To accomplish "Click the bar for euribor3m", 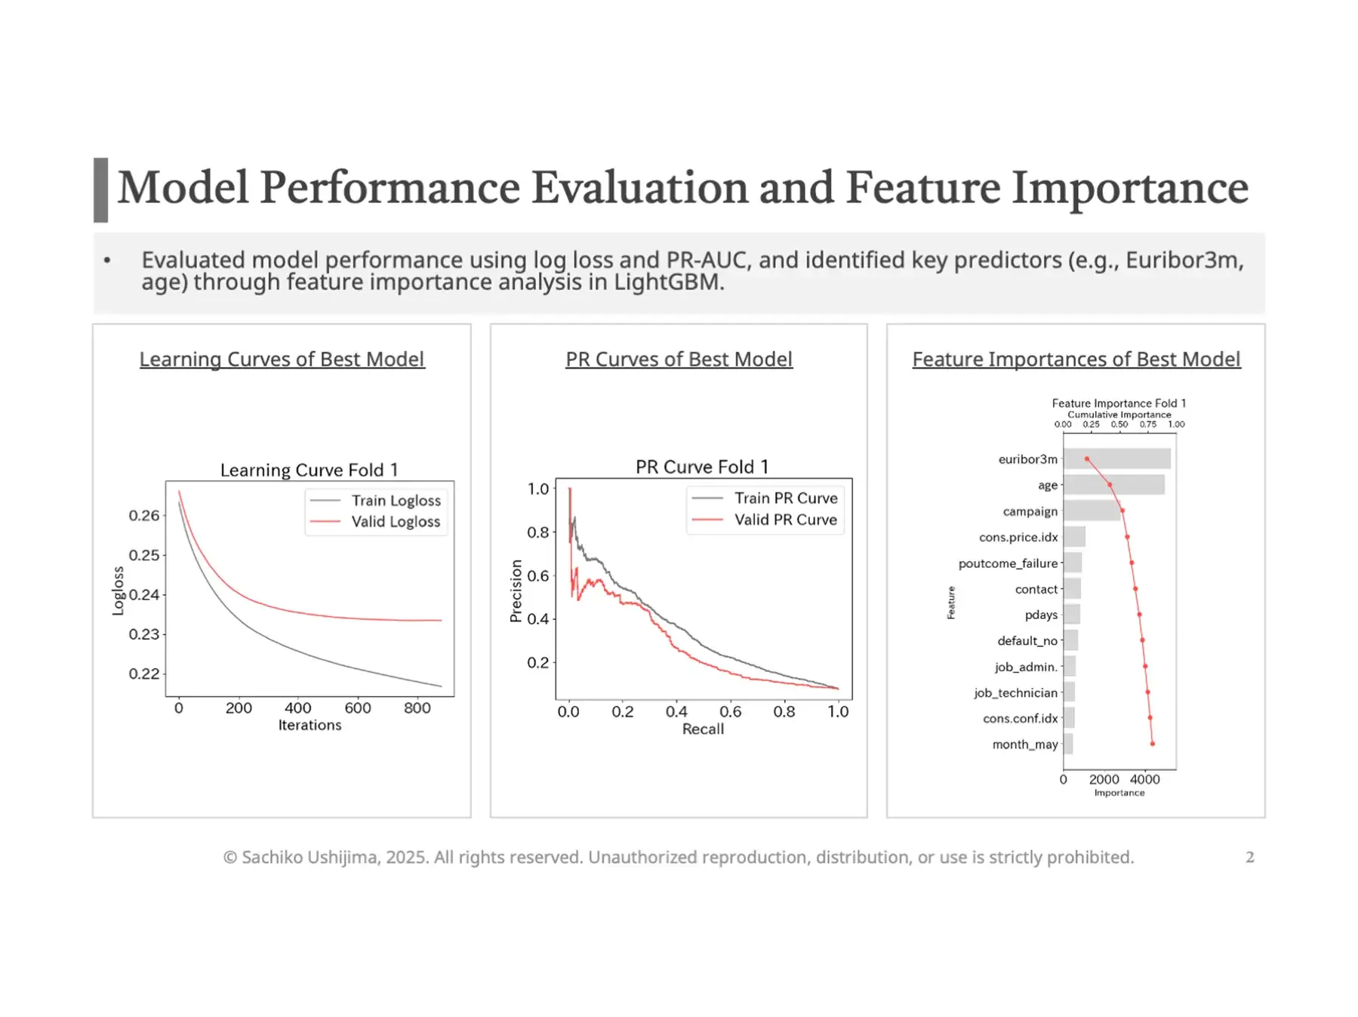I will (x=1116, y=458).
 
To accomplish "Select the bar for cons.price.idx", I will (x=1073, y=537).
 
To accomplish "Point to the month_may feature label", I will (x=1024, y=744).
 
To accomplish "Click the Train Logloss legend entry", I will (x=395, y=501).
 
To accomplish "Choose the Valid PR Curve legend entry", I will (x=785, y=519).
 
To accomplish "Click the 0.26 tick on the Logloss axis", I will (x=143, y=516).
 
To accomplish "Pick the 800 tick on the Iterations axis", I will (x=417, y=708).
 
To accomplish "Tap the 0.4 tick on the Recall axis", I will (x=676, y=711).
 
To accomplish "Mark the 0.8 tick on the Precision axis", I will (x=537, y=532).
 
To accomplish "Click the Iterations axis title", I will (x=309, y=726).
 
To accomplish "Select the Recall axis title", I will (x=703, y=729).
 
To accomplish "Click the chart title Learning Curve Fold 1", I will (x=309, y=470).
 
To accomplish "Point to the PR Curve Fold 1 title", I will (x=702, y=467).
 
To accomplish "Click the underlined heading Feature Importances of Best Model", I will (x=1076, y=359).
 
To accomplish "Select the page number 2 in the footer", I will (x=1249, y=857).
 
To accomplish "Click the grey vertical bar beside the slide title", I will (x=100, y=190).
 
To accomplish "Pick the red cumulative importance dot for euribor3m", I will (x=1086, y=459).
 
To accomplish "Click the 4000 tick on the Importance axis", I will (x=1144, y=779).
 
